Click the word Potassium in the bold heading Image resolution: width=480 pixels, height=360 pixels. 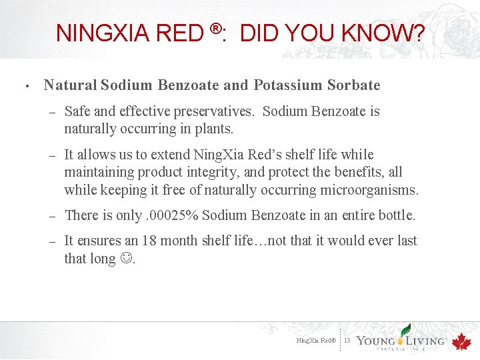(287, 85)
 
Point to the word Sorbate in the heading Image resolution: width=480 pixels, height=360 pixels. (354, 85)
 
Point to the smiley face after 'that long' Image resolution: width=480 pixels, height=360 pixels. (126, 259)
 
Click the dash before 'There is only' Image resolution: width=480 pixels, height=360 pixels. (51, 215)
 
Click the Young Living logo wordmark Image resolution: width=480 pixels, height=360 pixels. (400, 340)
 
